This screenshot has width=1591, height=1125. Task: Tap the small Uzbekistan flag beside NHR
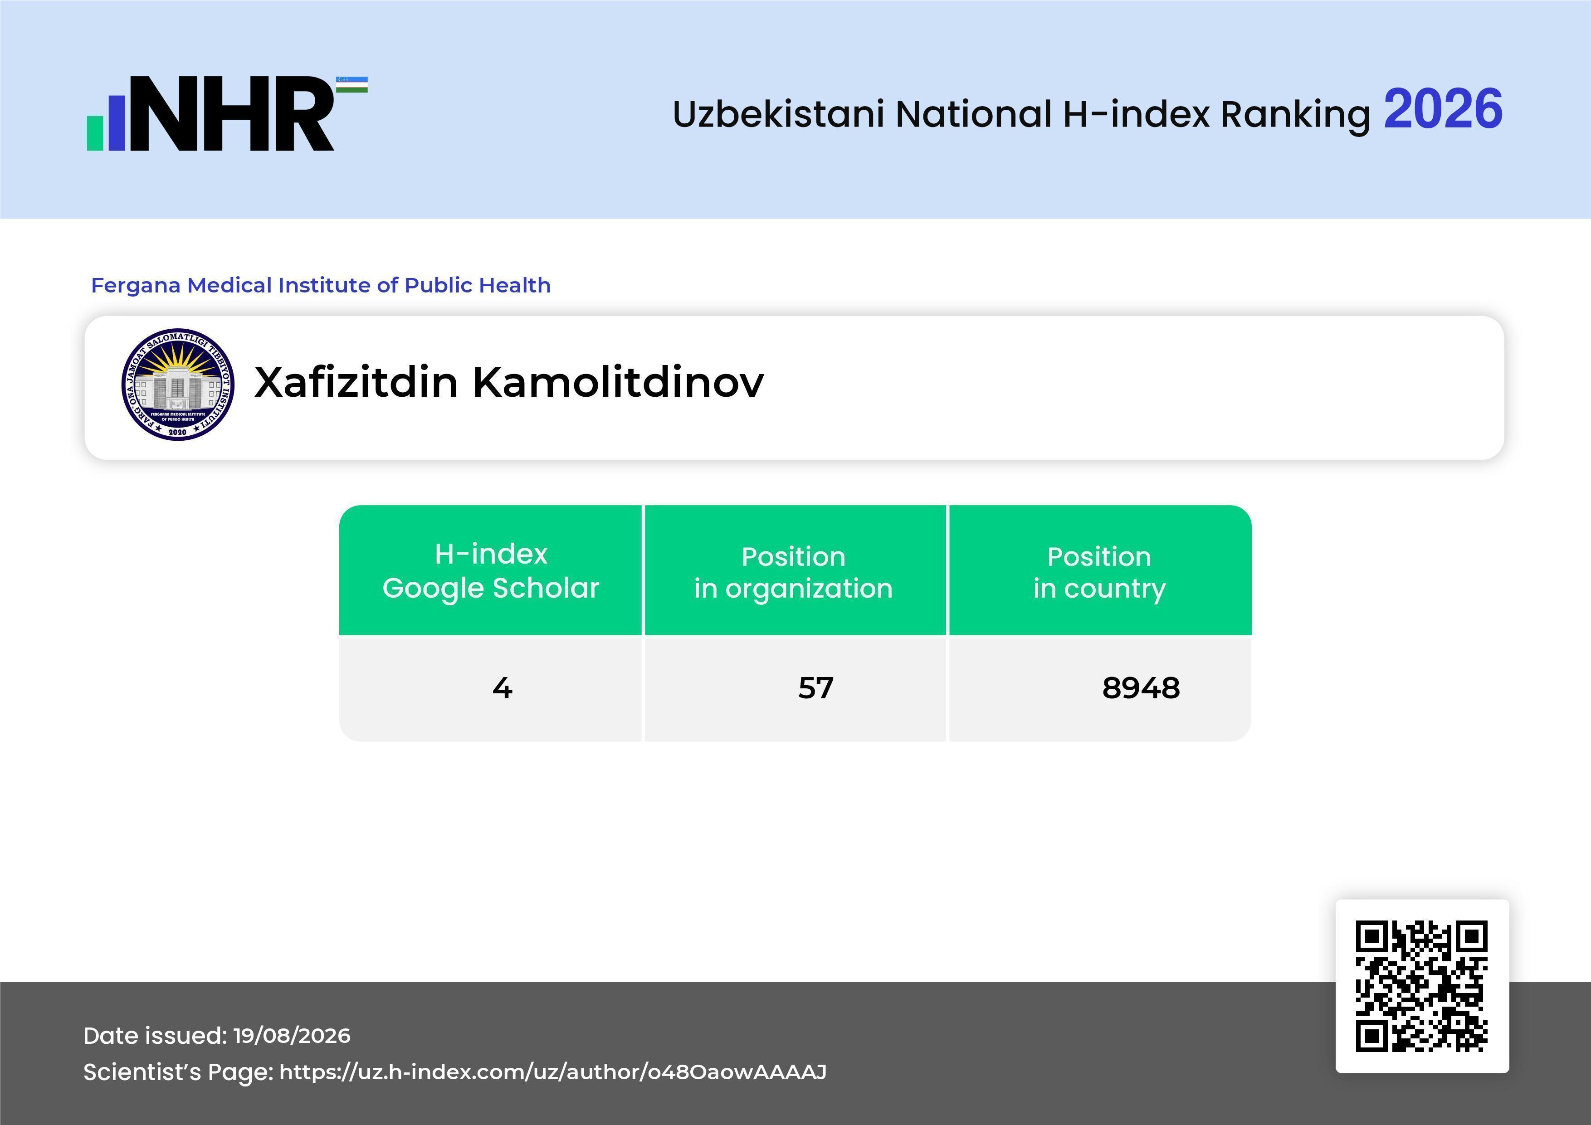(x=352, y=84)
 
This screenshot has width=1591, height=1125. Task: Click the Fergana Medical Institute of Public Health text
(x=321, y=285)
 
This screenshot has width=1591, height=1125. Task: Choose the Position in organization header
(x=793, y=572)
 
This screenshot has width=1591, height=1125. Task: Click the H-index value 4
(x=503, y=688)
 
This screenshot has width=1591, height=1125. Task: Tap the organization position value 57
(x=815, y=688)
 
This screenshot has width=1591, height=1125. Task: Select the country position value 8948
(x=1141, y=688)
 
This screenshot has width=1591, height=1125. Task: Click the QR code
(x=1422, y=986)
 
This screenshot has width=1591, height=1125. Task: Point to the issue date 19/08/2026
(x=292, y=1036)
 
